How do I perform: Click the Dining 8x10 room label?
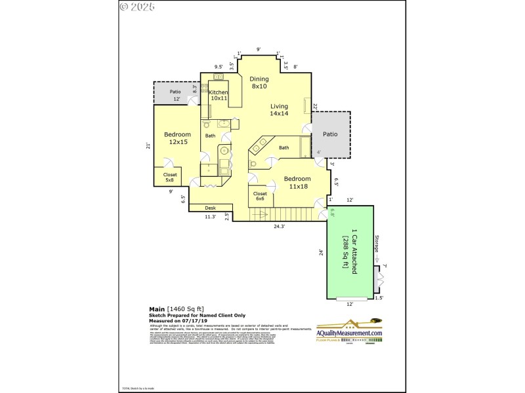pos(259,83)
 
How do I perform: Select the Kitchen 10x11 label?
pos(218,95)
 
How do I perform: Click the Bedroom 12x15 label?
pos(177,138)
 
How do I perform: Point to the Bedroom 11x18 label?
pos(295,182)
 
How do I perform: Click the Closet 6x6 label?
pos(260,196)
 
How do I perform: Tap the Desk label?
pos(210,208)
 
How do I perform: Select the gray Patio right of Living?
pos(330,134)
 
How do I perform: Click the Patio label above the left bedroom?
pos(175,92)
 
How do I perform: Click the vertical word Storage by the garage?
pos(377,247)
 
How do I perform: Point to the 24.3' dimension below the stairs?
pos(279,227)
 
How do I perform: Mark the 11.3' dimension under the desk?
pos(210,216)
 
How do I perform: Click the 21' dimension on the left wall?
pos(148,147)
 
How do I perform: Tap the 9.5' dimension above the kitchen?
pos(219,66)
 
